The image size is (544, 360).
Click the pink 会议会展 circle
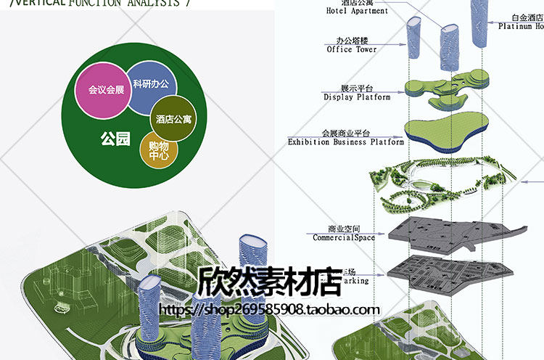tap(106, 91)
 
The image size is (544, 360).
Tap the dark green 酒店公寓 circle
tap(173, 118)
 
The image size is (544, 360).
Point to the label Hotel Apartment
tap(357, 11)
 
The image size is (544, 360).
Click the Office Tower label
tap(351, 49)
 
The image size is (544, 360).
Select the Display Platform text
tap(357, 97)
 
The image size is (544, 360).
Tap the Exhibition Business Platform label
tap(346, 142)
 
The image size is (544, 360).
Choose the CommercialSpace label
tap(344, 237)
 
